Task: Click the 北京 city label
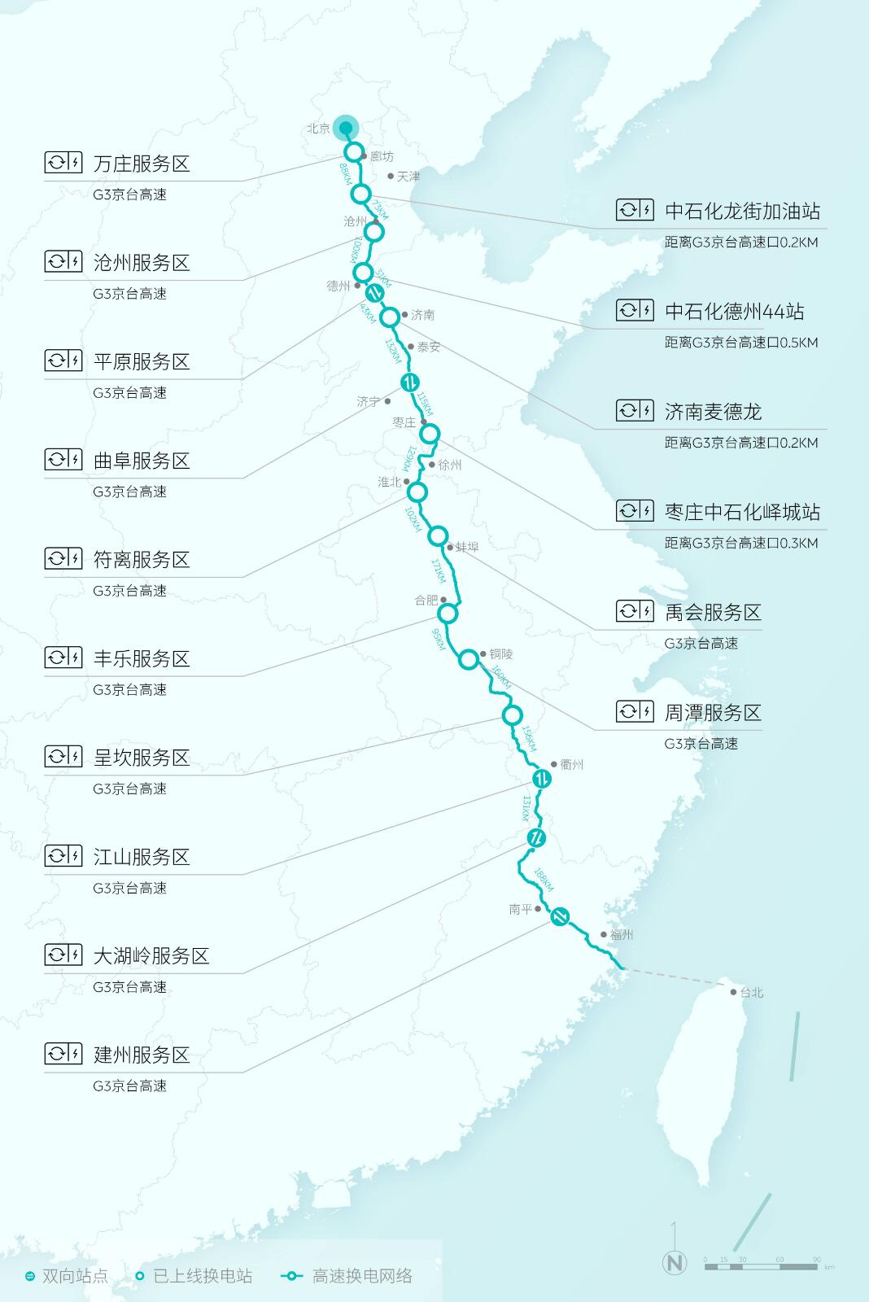click(x=318, y=129)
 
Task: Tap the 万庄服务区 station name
click(x=142, y=164)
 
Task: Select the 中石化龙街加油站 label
click(x=742, y=212)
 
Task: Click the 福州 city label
click(x=622, y=936)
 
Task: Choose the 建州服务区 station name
click(x=142, y=1055)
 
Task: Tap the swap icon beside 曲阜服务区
click(x=63, y=460)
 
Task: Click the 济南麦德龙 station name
click(x=713, y=412)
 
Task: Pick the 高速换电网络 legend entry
click(x=362, y=1276)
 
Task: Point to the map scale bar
click(x=762, y=1266)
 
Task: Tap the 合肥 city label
click(x=426, y=601)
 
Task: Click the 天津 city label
click(x=408, y=177)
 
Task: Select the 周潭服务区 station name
click(x=713, y=713)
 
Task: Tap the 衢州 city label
click(x=572, y=765)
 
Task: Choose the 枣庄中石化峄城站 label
click(x=742, y=512)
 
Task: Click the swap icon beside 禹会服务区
click(x=635, y=611)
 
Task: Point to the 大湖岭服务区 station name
click(x=151, y=956)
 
